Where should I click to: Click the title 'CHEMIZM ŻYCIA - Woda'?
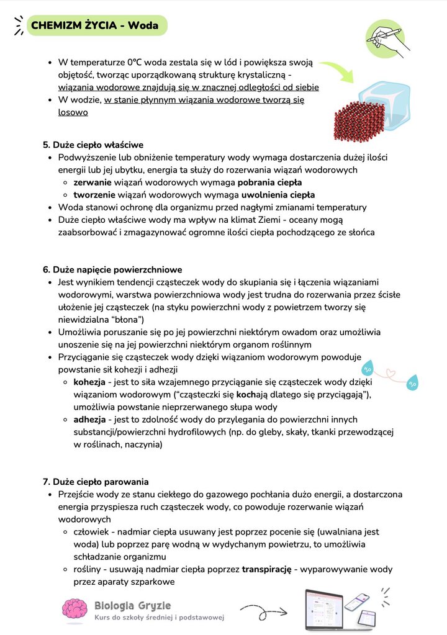pyautogui.click(x=95, y=26)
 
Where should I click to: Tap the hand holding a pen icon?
pyautogui.click(x=387, y=38)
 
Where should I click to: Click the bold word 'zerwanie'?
pyautogui.click(x=93, y=182)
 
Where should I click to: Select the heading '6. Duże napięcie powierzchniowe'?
pyautogui.click(x=112, y=269)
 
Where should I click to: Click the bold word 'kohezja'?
pyautogui.click(x=89, y=382)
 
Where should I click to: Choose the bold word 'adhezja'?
pyautogui.click(x=89, y=420)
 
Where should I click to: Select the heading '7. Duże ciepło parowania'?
pyautogui.click(x=96, y=482)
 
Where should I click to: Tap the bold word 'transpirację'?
pyautogui.click(x=266, y=569)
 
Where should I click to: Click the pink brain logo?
pyautogui.click(x=74, y=608)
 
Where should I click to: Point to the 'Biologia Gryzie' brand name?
pyautogui.click(x=132, y=605)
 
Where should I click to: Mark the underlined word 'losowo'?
pyautogui.click(x=73, y=112)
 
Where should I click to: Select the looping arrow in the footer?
pyautogui.click(x=263, y=610)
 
